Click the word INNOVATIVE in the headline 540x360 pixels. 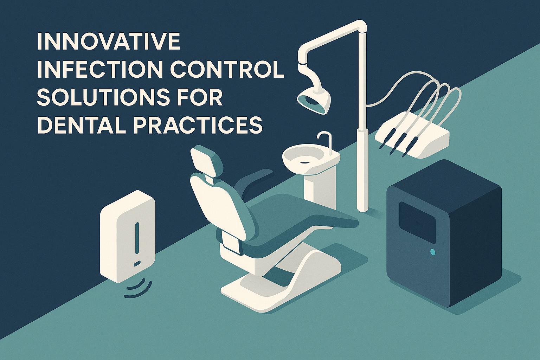(x=108, y=42)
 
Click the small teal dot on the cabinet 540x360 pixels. (x=432, y=252)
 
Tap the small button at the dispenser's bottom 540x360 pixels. (x=137, y=263)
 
